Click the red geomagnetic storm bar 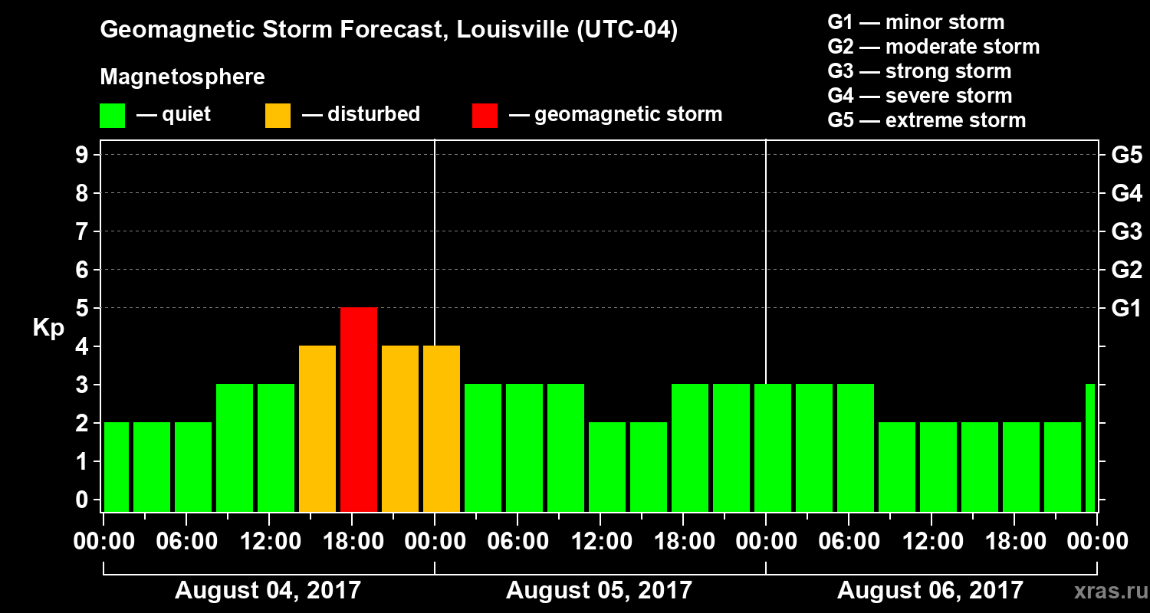click(359, 409)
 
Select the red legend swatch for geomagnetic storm click(485, 115)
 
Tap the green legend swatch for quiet click(112, 115)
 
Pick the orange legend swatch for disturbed click(278, 115)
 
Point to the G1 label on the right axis click(1126, 308)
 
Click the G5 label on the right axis click(1126, 155)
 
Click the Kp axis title click(48, 328)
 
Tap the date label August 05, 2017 click(599, 591)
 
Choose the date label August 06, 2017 click(930, 591)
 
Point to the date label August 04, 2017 click(268, 591)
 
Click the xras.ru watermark click(1104, 591)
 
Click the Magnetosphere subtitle click(182, 77)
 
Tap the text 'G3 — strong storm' click(919, 71)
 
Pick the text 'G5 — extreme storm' click(926, 120)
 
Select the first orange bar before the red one click(317, 428)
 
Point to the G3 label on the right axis click(1126, 231)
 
